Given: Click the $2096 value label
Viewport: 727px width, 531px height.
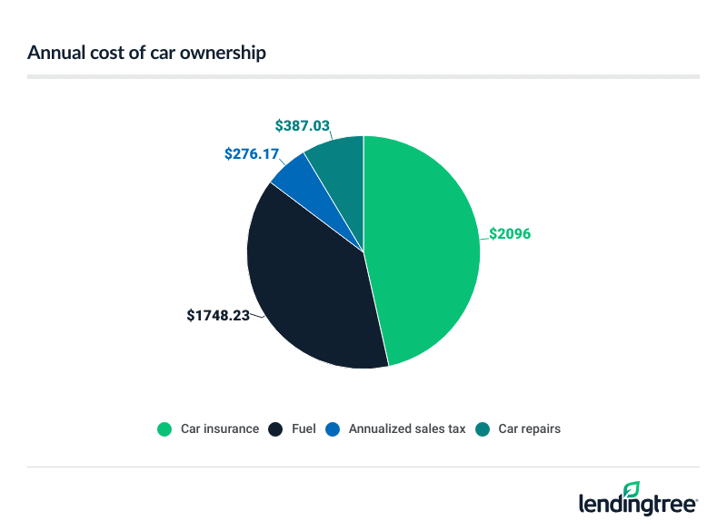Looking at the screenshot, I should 509,233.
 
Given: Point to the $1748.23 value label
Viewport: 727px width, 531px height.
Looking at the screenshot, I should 218,316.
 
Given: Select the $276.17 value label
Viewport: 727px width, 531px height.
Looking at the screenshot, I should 252,154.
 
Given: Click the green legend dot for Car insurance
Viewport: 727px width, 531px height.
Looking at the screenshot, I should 164,428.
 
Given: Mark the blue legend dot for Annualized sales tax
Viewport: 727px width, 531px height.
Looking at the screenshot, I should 334,428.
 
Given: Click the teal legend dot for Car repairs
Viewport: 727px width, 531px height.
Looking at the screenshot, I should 483,428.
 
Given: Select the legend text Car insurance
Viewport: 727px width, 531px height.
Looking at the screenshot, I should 218,428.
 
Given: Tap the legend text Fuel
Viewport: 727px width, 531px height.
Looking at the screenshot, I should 304,428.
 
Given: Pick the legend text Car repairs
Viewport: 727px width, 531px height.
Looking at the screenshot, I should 529,428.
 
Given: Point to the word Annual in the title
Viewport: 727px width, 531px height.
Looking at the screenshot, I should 52,53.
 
